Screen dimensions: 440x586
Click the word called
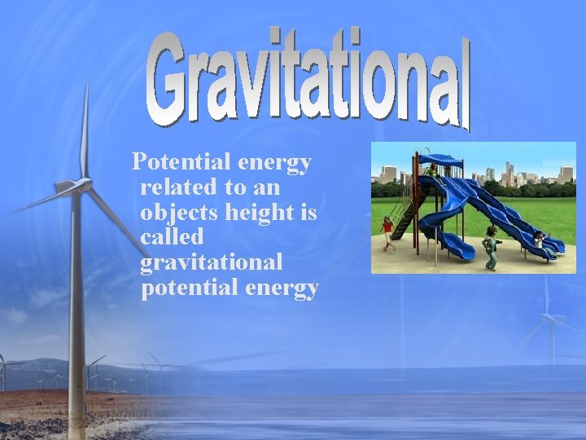pos(172,238)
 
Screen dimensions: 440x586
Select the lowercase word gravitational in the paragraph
pos(212,263)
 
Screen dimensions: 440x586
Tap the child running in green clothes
pos(491,247)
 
